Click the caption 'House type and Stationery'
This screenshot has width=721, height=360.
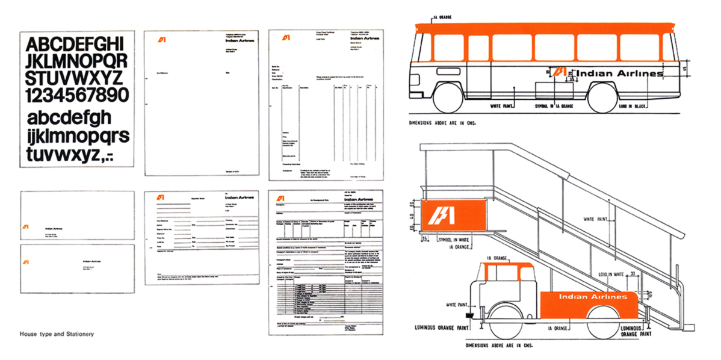tap(57, 334)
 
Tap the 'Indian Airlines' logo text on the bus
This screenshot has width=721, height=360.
tap(619, 73)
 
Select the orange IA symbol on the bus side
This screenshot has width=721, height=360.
tap(563, 72)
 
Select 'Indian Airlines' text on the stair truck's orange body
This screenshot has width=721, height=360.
tap(593, 297)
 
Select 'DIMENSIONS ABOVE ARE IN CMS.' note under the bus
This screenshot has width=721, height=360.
tap(442, 123)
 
